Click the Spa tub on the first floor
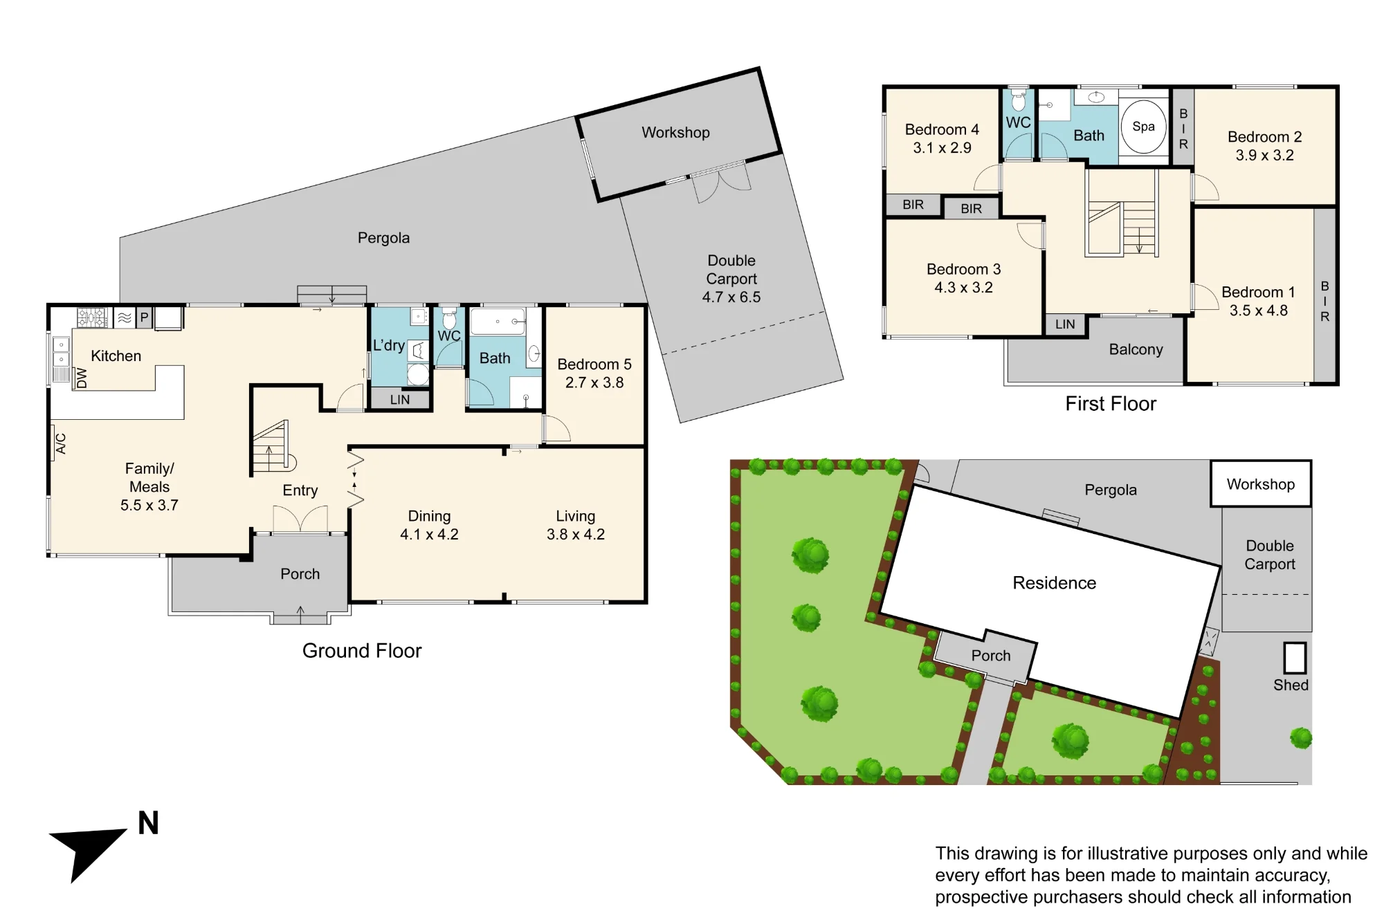(1143, 127)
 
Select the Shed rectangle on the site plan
(1294, 658)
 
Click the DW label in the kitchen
(82, 378)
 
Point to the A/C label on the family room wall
(61, 443)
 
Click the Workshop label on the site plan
(1261, 484)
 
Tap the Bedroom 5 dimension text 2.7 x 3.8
(594, 382)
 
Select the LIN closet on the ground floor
(400, 399)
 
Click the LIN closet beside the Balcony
(1065, 324)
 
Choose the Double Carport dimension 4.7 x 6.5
(731, 297)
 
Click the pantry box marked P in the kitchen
(144, 317)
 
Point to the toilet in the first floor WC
(1018, 100)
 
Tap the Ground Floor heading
(362, 651)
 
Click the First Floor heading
(1111, 404)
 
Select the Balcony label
(1136, 350)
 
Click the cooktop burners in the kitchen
(91, 317)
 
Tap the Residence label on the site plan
(1054, 583)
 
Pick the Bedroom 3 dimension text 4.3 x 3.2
(963, 288)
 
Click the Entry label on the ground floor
(300, 490)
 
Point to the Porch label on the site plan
(991, 656)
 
